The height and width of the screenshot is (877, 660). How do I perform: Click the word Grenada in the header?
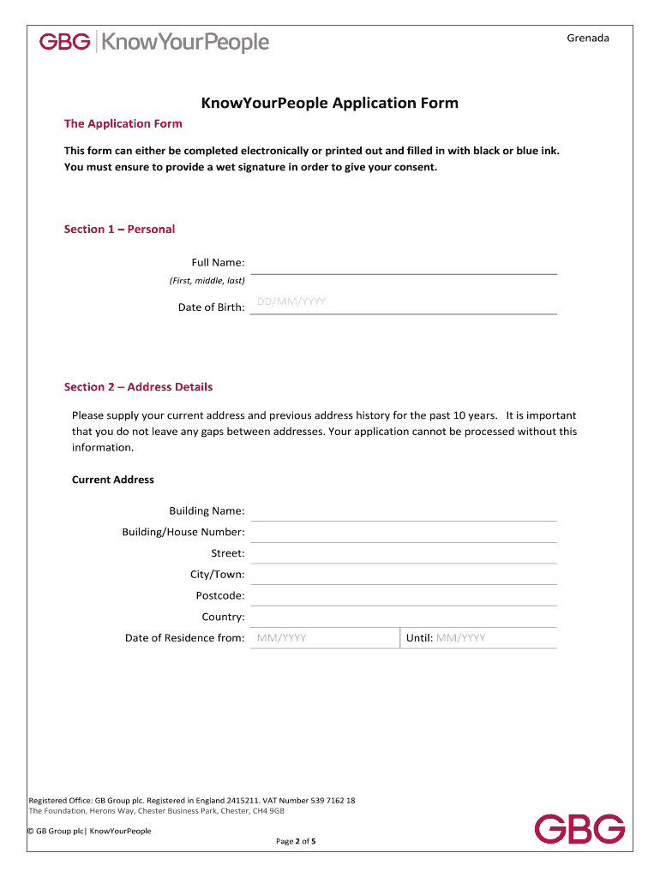(588, 38)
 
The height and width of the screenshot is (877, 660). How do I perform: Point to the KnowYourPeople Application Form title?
(330, 104)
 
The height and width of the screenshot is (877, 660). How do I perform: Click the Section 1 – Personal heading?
(119, 229)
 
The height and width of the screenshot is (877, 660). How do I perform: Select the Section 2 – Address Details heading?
(138, 387)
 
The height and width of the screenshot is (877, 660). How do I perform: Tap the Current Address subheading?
(113, 480)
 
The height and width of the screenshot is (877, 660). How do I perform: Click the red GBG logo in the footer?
(579, 829)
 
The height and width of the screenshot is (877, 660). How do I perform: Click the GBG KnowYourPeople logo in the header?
(154, 42)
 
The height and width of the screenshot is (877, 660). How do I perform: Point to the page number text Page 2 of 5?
(296, 841)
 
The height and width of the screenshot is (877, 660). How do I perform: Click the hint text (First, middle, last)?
(207, 280)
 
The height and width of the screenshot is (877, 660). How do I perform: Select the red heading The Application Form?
(123, 123)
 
